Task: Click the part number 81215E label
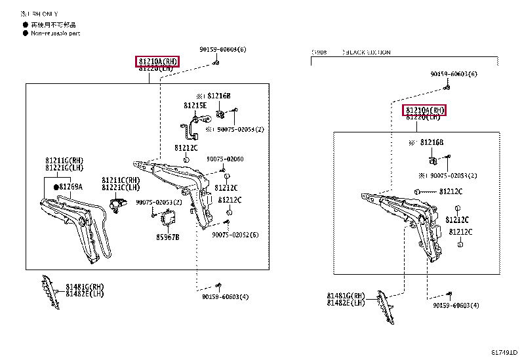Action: tap(195, 105)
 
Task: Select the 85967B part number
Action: tap(167, 237)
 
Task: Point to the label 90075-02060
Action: tap(225, 159)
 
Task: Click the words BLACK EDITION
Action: tap(368, 52)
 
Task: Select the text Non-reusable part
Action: tap(55, 33)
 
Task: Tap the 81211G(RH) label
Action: tap(64, 160)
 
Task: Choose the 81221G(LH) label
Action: tap(64, 168)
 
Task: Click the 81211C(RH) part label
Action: tap(121, 180)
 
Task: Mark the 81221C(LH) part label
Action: tap(121, 187)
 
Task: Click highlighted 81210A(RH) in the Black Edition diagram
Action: tap(424, 110)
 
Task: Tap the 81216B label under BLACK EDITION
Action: tap(432, 142)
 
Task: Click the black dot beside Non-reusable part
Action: tap(25, 33)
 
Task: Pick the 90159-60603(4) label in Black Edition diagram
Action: tap(456, 306)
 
